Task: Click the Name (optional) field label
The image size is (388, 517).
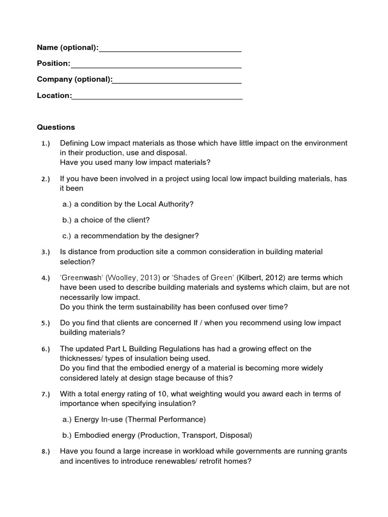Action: pos(67,47)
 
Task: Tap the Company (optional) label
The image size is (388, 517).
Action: pos(74,79)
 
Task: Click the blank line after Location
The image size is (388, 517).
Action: pos(157,96)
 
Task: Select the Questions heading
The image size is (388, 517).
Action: pos(56,127)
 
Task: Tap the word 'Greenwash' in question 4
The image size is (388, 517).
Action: pos(81,278)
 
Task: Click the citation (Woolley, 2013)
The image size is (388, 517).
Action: pos(133,278)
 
